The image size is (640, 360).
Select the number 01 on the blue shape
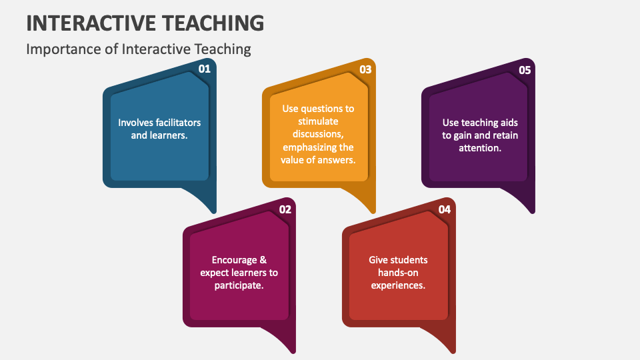205,69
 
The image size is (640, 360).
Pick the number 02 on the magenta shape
285,209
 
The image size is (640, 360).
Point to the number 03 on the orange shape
365,69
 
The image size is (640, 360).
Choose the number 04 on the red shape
445,209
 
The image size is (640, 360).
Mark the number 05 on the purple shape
525,69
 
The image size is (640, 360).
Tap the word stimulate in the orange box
319,121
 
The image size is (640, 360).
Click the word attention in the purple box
480,148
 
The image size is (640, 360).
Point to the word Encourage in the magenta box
230,260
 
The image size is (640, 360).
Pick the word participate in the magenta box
239,285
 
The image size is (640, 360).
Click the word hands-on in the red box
398,273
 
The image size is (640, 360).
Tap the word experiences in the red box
398,285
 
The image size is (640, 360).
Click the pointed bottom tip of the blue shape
214,211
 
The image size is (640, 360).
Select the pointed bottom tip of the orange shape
373,211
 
